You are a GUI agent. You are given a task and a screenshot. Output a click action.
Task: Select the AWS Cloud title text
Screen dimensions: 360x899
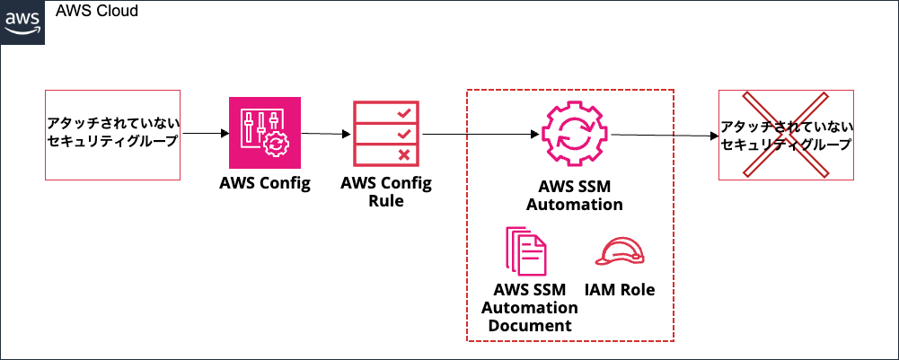[x=97, y=12]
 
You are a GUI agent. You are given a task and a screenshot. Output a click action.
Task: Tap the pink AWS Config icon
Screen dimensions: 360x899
[x=264, y=134]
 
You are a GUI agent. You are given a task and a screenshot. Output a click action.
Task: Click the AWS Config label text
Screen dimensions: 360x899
[x=264, y=184]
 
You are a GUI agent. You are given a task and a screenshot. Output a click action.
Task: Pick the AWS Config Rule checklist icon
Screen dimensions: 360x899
[x=387, y=134]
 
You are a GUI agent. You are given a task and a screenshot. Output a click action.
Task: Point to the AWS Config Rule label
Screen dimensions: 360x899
[x=386, y=192]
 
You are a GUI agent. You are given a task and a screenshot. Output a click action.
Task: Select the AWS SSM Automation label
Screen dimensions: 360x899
[x=574, y=196]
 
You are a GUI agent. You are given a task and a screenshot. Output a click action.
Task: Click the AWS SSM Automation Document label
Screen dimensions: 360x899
[x=530, y=308]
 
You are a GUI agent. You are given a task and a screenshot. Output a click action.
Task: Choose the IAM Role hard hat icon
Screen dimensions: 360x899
[x=620, y=251]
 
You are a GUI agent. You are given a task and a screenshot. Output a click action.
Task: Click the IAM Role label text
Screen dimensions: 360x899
[x=620, y=290]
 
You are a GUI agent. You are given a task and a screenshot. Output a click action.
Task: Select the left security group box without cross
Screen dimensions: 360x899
[x=113, y=133]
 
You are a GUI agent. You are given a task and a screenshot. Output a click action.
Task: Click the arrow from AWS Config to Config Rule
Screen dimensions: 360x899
[x=324, y=135]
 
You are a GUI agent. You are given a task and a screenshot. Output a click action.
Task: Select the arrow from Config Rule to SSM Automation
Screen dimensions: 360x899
[x=480, y=135]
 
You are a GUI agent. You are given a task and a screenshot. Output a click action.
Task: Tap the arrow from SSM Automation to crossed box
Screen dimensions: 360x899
[x=665, y=136]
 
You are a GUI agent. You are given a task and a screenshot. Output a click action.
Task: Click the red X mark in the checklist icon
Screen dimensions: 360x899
[x=404, y=155]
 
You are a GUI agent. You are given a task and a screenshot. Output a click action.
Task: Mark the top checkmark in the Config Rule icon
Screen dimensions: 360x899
[x=404, y=113]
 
